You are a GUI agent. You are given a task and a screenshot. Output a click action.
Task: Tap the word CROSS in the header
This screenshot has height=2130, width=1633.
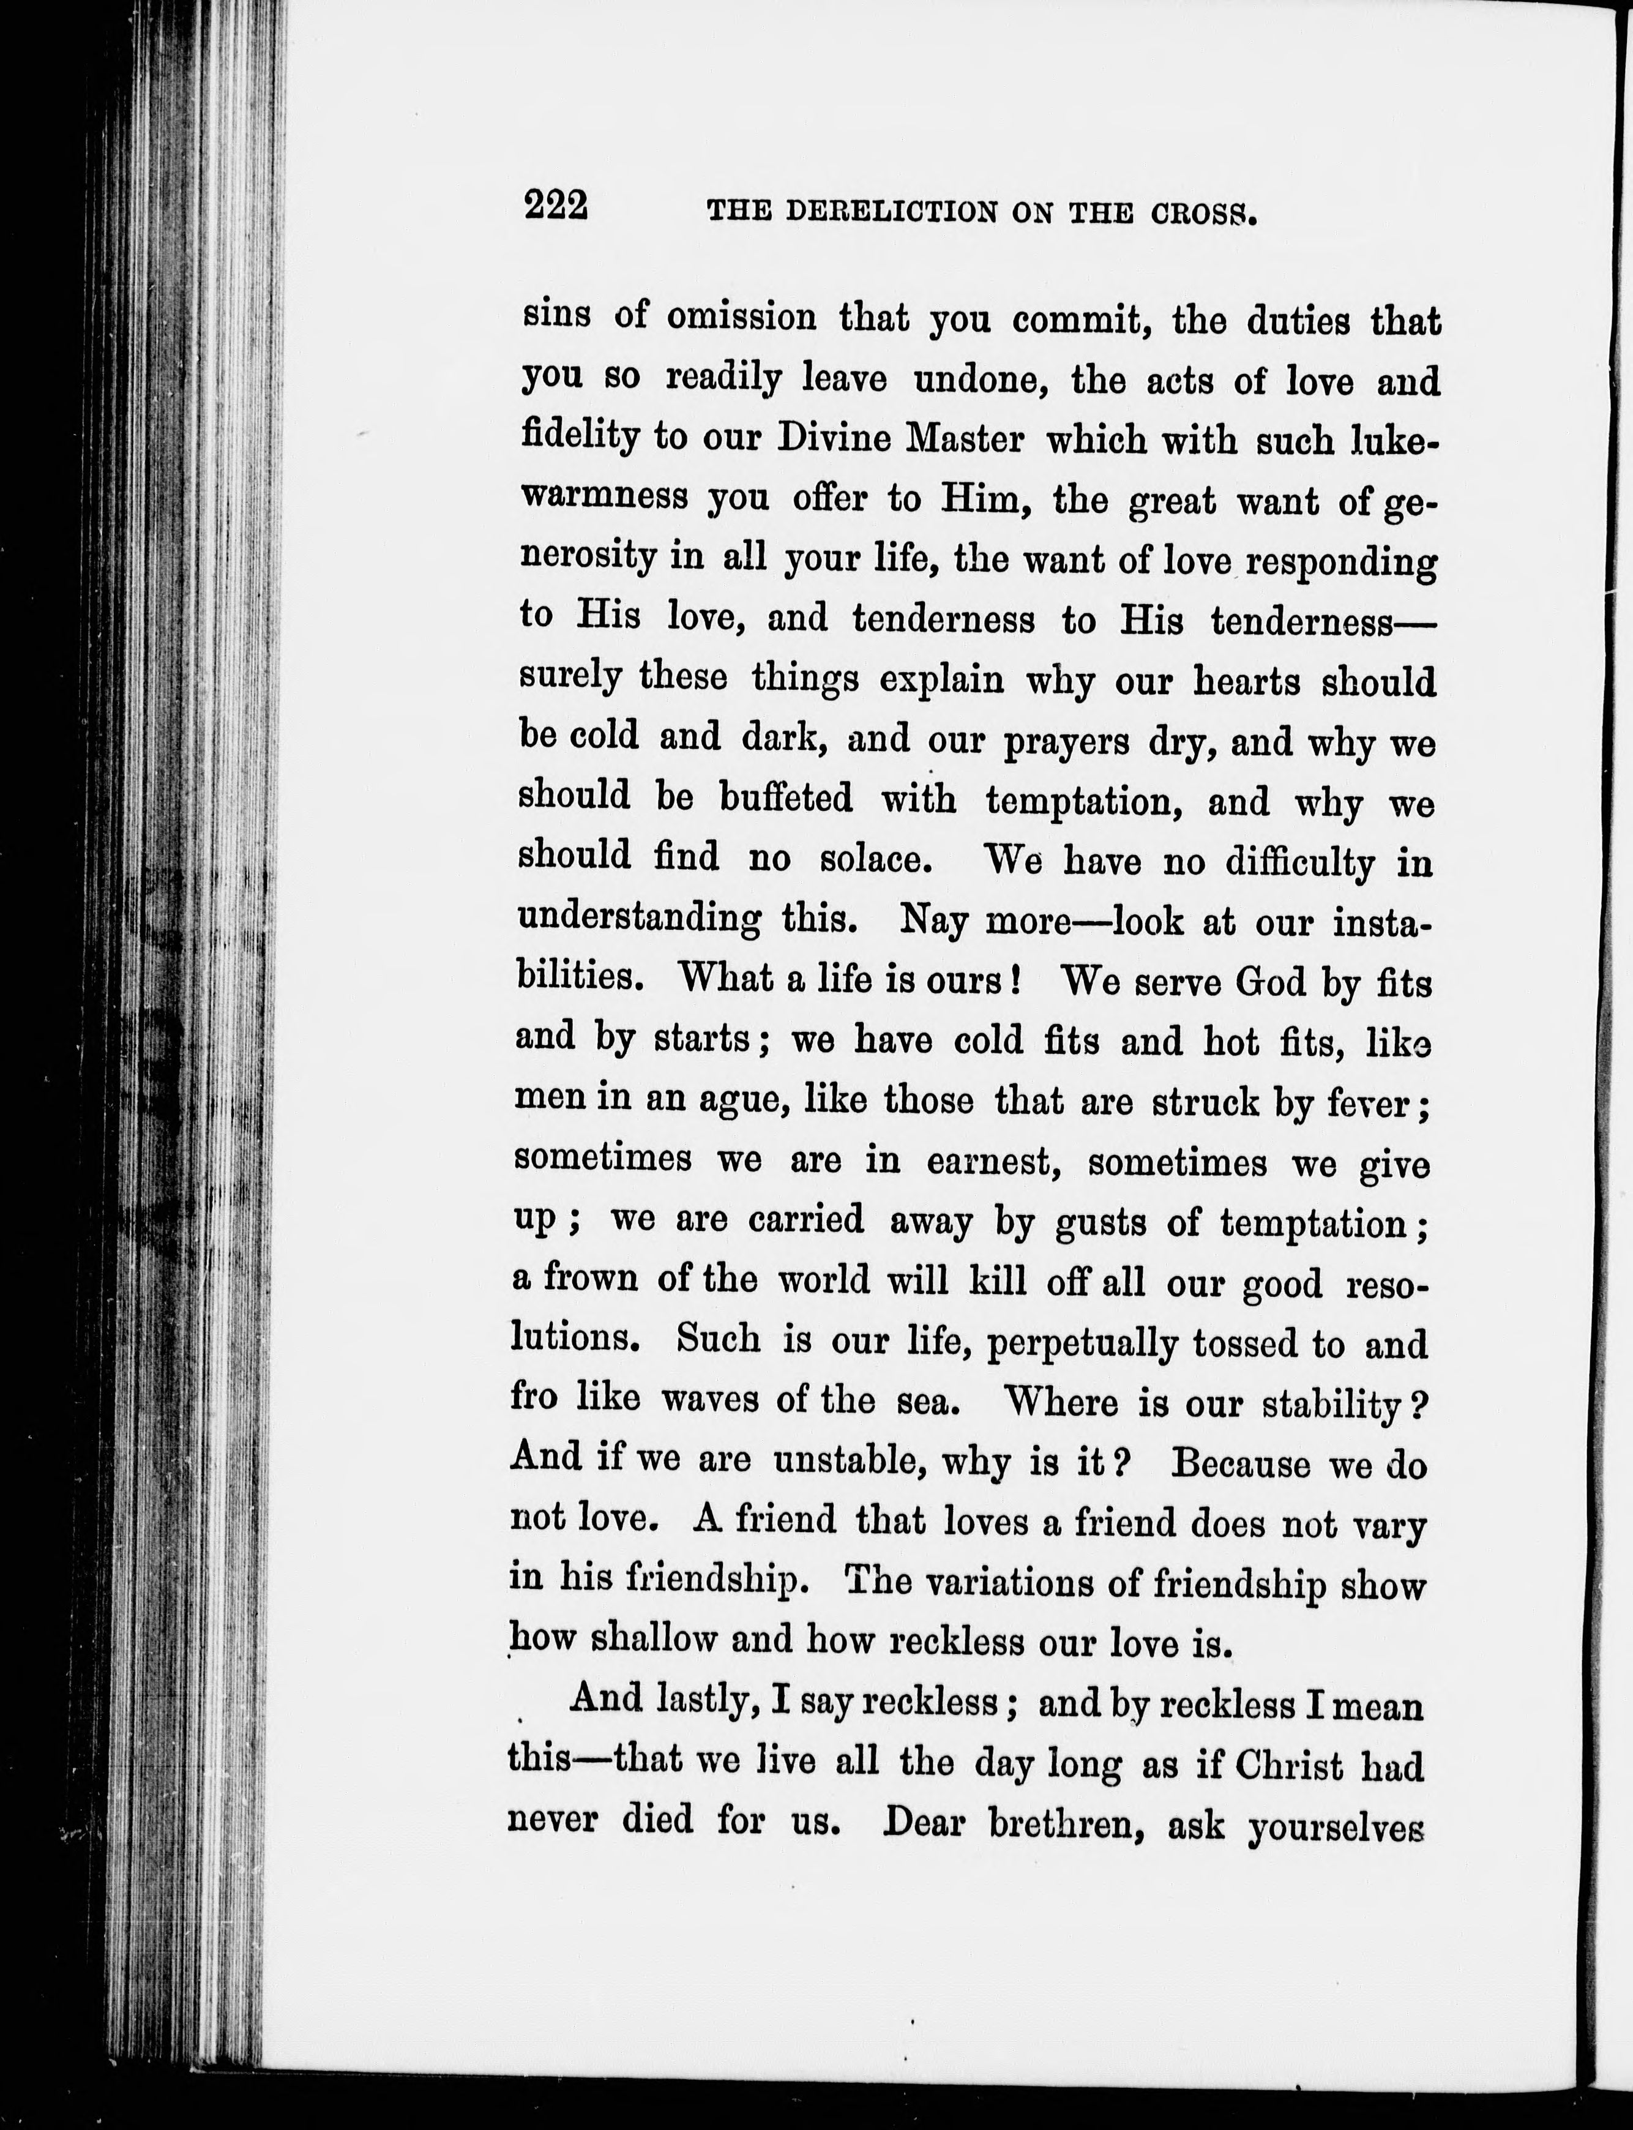[1205, 214]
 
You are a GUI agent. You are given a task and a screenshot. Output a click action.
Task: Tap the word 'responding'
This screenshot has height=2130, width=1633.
[1342, 563]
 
